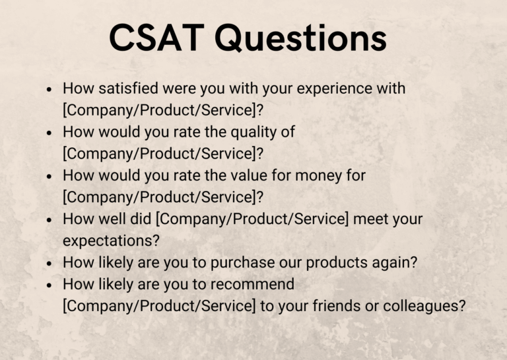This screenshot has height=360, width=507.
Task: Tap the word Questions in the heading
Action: click(x=300, y=38)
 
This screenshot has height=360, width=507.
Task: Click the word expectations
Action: click(x=110, y=241)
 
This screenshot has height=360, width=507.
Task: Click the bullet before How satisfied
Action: click(x=49, y=89)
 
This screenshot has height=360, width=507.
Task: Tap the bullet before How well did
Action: click(x=49, y=219)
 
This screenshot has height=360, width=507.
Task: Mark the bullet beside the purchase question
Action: click(x=49, y=263)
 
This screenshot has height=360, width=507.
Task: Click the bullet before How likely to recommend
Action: click(x=49, y=285)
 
